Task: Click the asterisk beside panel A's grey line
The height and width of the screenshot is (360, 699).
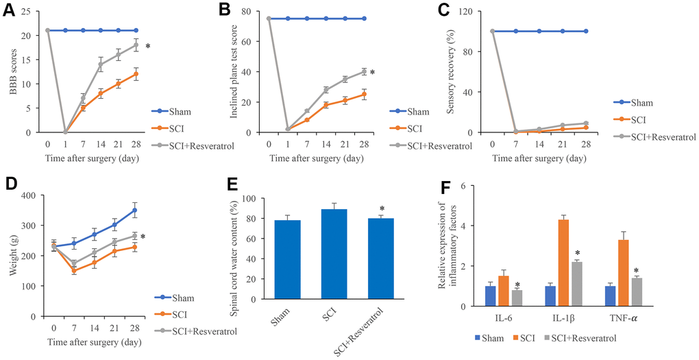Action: click(148, 47)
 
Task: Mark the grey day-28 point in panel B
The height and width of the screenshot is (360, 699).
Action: click(364, 71)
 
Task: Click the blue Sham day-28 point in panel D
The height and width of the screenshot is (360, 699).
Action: click(135, 211)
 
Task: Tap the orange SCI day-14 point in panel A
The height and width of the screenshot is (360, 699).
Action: click(101, 94)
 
